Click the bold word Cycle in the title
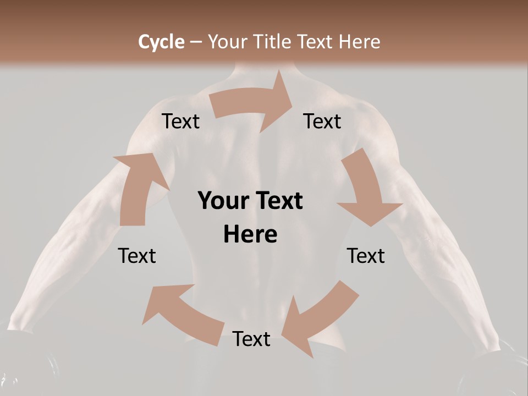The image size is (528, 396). point(161,42)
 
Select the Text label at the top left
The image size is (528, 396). point(181,122)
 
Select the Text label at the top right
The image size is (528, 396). point(322,122)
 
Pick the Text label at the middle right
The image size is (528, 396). point(366,256)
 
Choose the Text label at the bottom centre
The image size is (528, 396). point(251,339)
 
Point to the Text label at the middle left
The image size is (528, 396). point(137,256)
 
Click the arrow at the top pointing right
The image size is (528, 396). point(253,105)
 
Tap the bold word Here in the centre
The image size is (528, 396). point(250,235)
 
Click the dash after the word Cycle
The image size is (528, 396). point(196,42)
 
